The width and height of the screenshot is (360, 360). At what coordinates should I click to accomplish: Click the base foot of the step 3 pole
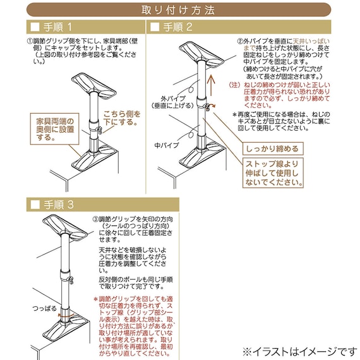(71, 333)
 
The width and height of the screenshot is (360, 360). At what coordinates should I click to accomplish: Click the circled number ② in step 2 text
(240, 41)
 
